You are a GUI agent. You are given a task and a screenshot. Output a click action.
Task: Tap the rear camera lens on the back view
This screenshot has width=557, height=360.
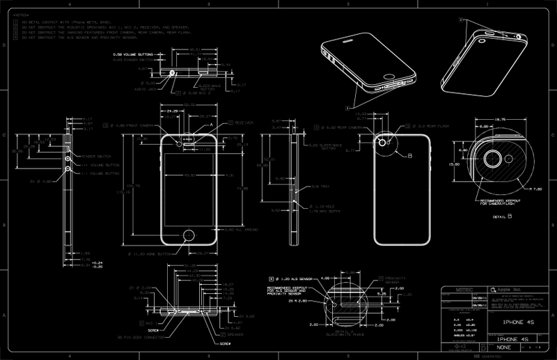[383, 142]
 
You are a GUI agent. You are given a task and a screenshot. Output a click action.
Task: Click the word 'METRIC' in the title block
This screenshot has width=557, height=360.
[453, 288]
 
